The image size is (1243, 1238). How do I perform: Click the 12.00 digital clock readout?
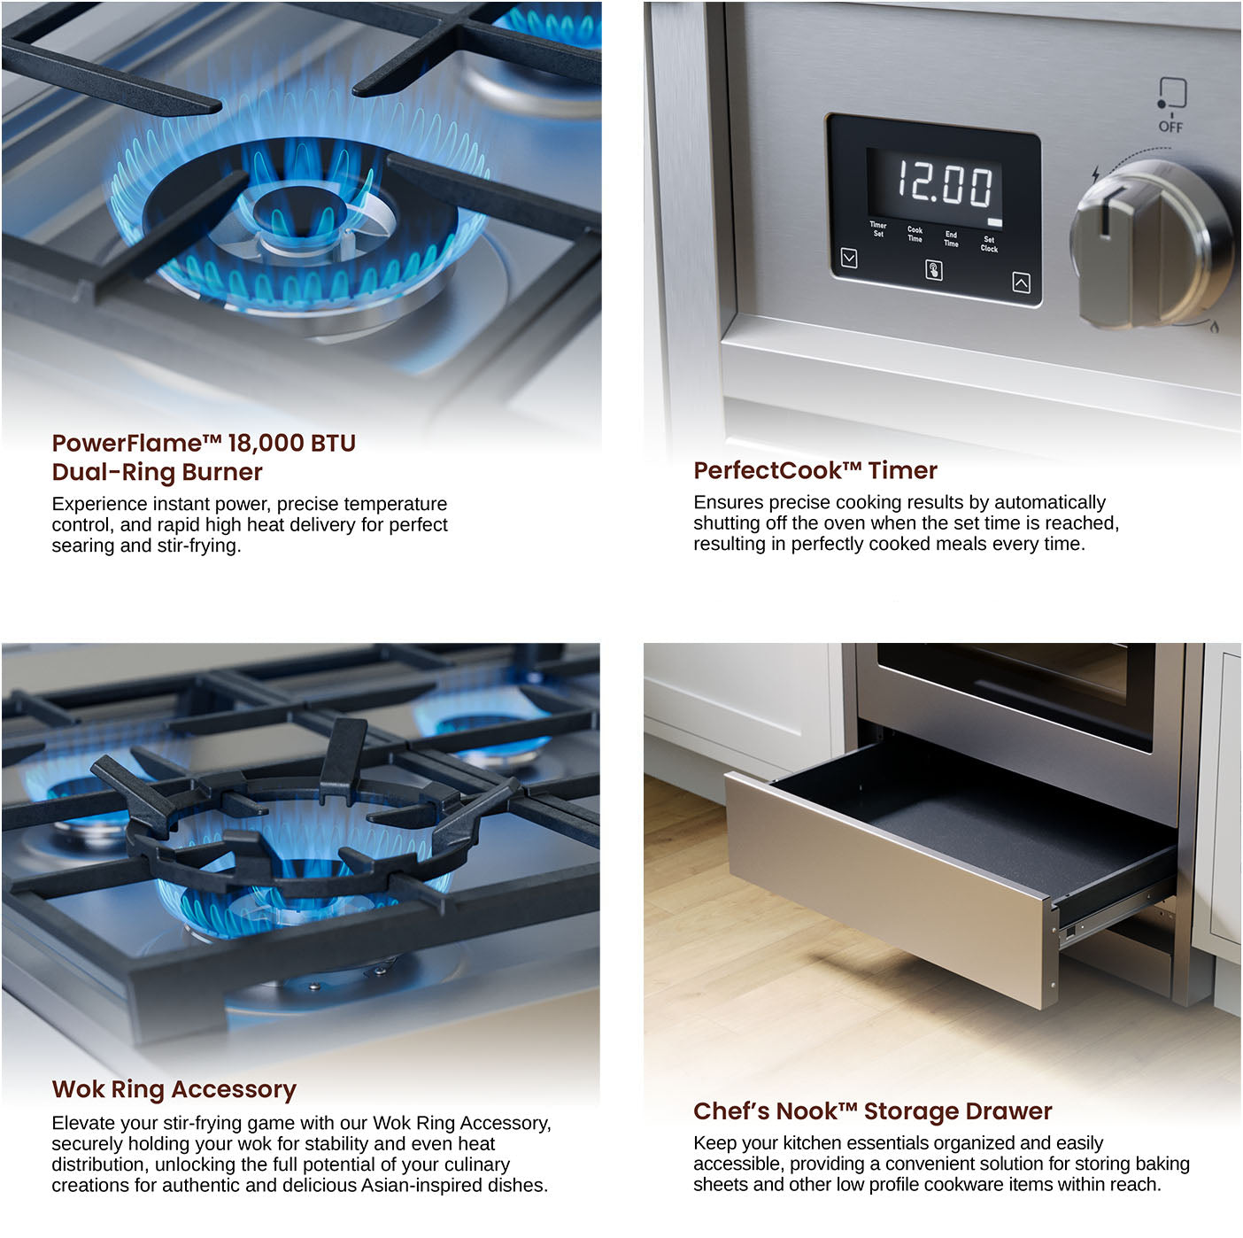944,184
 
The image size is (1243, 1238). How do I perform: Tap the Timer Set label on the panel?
878,229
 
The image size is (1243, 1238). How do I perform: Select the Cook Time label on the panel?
915,235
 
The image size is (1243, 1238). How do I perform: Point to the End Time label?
951,239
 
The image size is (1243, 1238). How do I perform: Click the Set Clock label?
989,244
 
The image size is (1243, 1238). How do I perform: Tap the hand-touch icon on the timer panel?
933,270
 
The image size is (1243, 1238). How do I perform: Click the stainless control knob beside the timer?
1152,244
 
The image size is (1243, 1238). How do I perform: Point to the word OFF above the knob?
1170,128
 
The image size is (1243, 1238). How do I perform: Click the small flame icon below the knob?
1214,327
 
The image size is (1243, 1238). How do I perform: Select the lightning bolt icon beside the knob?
1095,173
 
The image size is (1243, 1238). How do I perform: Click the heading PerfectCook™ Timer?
815,470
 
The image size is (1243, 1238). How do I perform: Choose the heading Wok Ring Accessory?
174,1089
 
